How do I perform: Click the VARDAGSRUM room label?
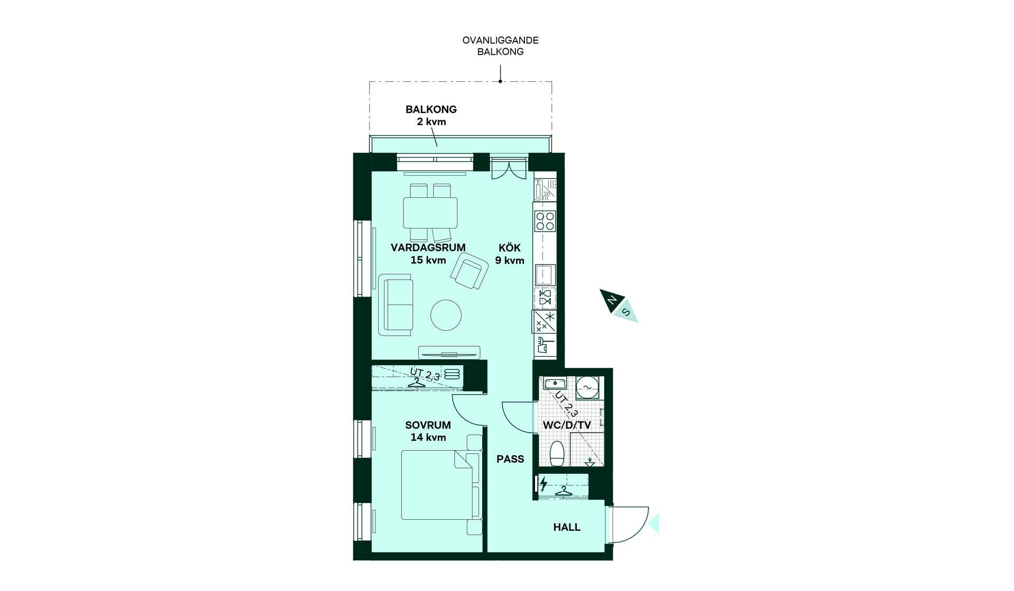click(x=428, y=247)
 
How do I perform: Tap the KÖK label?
click(x=510, y=247)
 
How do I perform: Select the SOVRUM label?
click(x=428, y=425)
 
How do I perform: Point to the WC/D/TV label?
click(x=567, y=425)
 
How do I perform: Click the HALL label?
click(x=567, y=527)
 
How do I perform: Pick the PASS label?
click(x=510, y=459)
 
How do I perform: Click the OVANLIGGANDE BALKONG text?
click(x=500, y=46)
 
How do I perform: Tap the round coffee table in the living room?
click(x=446, y=315)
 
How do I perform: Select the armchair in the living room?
click(x=470, y=271)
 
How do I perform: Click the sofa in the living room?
click(x=396, y=304)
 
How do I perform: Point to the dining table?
click(x=430, y=213)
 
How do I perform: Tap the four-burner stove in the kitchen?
click(x=545, y=221)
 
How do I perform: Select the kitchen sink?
click(x=544, y=274)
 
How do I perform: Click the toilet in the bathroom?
click(x=557, y=453)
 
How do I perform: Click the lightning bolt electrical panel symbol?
click(x=543, y=484)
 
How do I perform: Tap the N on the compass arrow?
click(x=612, y=300)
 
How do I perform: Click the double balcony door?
click(x=509, y=168)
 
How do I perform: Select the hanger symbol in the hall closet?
click(x=564, y=491)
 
